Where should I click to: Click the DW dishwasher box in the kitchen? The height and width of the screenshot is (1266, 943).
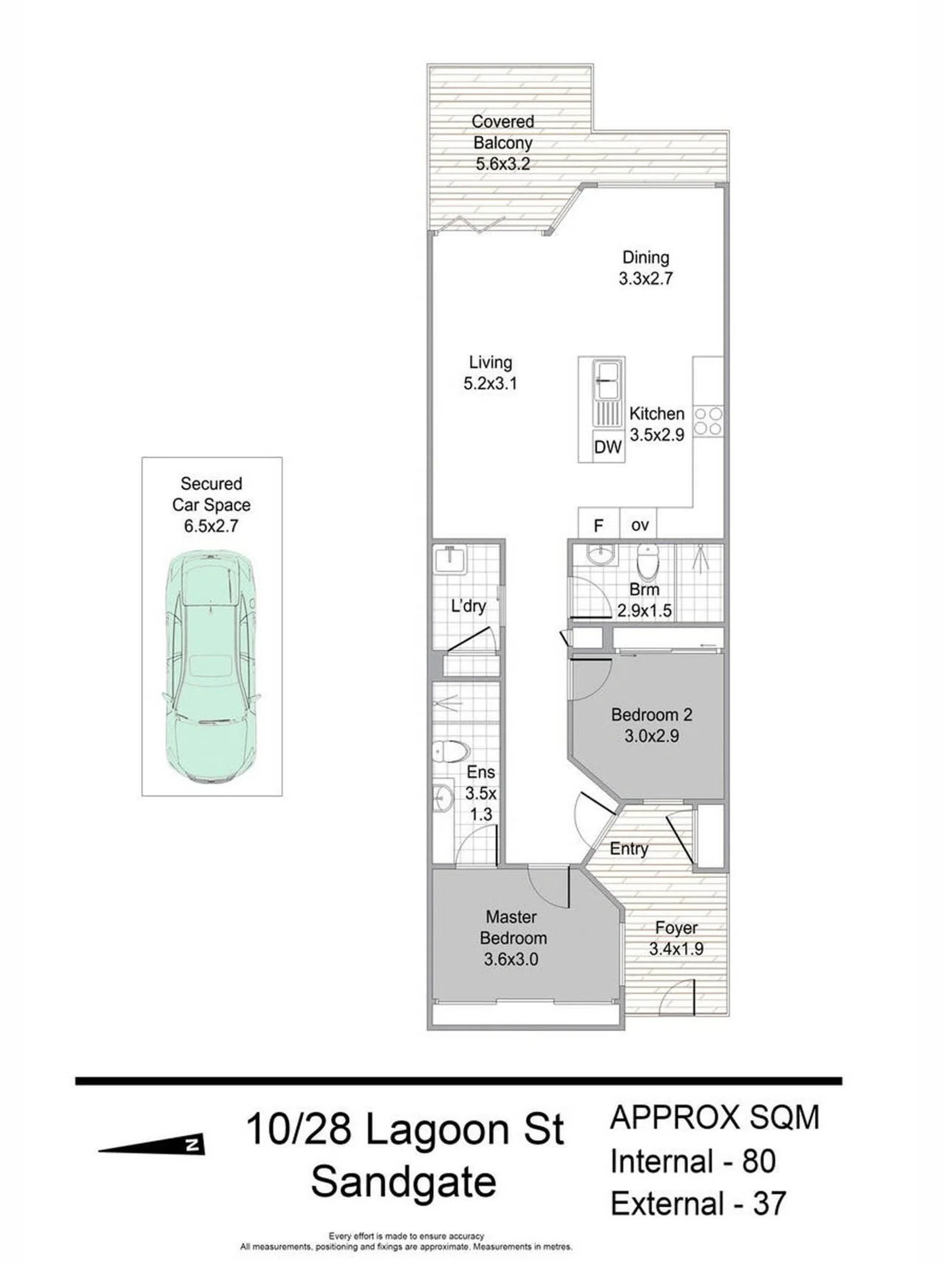pos(607,447)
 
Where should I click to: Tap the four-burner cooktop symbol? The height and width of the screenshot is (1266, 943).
pos(708,421)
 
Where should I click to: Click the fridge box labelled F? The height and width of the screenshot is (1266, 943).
pos(599,524)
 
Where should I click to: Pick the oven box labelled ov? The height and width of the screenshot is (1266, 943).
pos(639,524)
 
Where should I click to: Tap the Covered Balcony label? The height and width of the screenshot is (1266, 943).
pos(503,132)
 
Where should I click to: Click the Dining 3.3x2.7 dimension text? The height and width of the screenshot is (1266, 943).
pos(646,279)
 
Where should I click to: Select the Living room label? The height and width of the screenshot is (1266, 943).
pos(490,362)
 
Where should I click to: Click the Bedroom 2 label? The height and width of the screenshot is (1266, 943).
pos(651,714)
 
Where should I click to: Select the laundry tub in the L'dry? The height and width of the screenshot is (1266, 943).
pos(451,559)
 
